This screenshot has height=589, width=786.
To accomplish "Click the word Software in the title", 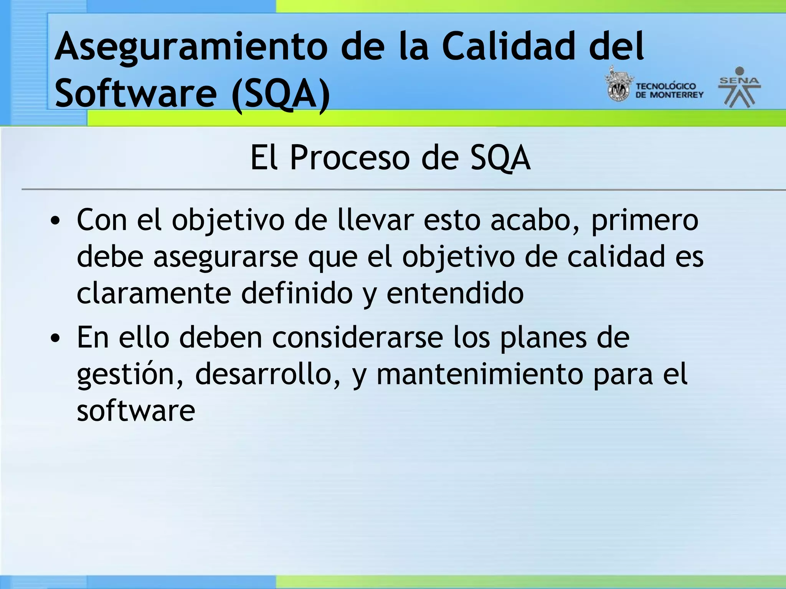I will (x=136, y=93).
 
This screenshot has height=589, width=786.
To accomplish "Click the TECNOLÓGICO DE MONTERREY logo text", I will (x=669, y=91).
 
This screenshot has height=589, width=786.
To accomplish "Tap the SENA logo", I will (x=739, y=87).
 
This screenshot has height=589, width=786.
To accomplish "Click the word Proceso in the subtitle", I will (x=350, y=158).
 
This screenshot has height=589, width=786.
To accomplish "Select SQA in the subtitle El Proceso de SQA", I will (x=500, y=158).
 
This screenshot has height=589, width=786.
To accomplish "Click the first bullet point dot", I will (x=56, y=221).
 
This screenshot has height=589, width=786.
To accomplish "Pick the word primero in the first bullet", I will (x=645, y=221).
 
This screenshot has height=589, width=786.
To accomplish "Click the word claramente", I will (x=154, y=293).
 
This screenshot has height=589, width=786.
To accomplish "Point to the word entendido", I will (x=455, y=293).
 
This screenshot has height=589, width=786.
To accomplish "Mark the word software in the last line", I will (x=136, y=411).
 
